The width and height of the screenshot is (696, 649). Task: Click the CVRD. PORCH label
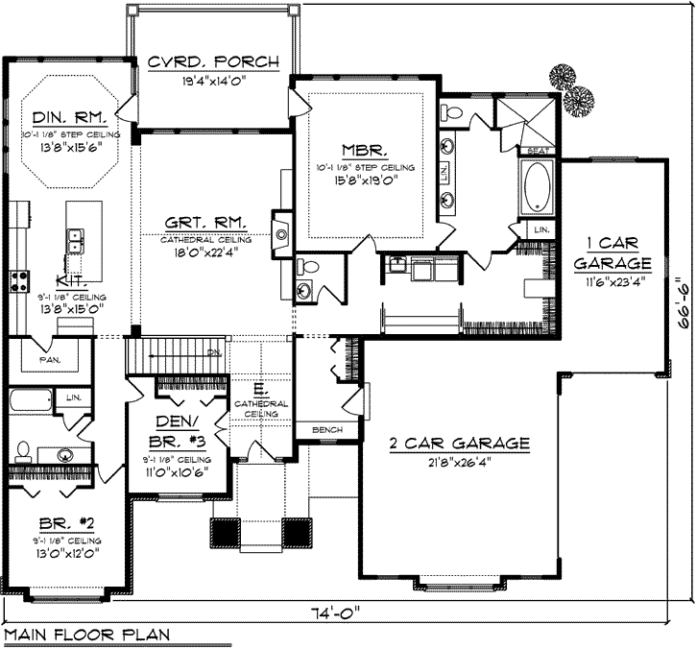click(213, 62)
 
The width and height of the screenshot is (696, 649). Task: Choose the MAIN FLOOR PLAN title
click(86, 635)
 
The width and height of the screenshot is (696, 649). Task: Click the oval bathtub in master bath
click(537, 188)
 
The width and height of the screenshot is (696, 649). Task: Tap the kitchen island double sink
click(76, 240)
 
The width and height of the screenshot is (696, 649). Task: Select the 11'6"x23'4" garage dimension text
click(612, 281)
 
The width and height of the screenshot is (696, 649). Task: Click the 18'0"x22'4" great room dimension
click(203, 252)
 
